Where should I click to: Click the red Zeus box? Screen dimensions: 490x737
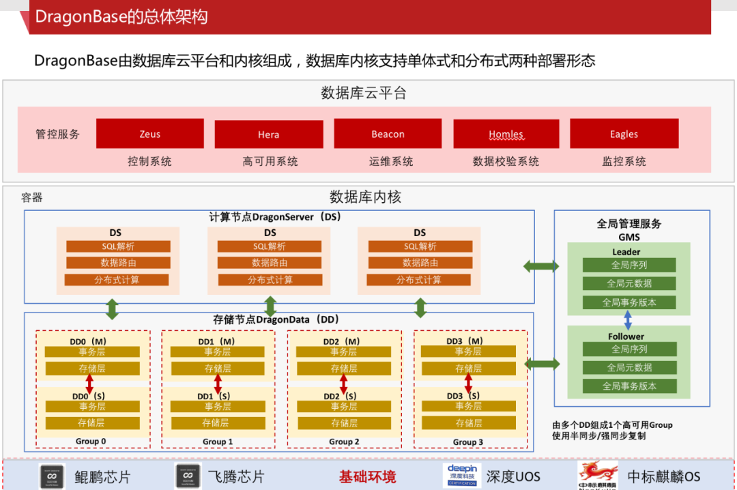click(x=150, y=134)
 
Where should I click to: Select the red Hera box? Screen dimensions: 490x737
click(x=268, y=134)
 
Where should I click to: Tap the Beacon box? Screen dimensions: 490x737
click(x=388, y=134)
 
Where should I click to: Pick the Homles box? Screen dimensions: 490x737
click(x=506, y=134)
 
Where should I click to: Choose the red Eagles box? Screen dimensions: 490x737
click(x=624, y=134)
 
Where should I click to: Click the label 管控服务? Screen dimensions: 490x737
click(x=58, y=134)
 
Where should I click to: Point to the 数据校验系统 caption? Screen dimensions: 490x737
click(x=506, y=162)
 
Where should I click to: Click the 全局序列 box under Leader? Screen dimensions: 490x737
click(x=629, y=265)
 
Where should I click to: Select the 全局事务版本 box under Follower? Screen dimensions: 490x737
click(x=629, y=386)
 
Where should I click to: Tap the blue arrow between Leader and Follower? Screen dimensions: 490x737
click(x=628, y=320)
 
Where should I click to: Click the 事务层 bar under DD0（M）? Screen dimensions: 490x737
click(x=92, y=351)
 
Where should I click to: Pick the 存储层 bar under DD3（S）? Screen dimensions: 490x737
click(x=468, y=423)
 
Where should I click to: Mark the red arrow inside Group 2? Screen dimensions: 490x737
click(x=343, y=384)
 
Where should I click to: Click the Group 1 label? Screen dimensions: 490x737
click(x=218, y=442)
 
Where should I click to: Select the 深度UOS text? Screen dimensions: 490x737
click(x=514, y=476)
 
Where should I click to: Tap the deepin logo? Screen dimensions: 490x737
click(x=462, y=475)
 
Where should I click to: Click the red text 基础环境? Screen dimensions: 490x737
click(x=367, y=476)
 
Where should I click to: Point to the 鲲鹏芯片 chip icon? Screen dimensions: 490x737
click(x=52, y=476)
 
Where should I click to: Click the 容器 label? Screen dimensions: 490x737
click(x=32, y=198)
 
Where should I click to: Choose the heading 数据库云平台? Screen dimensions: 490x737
click(x=364, y=93)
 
